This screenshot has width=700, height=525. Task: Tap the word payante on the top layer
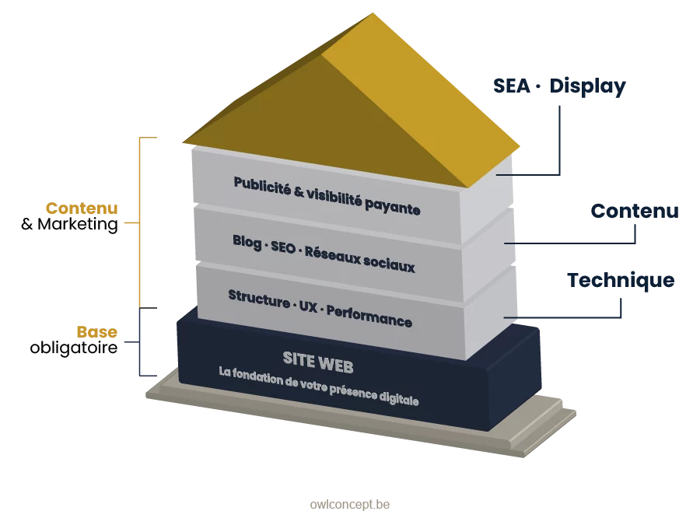[395, 208]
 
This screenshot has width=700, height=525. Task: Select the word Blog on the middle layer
[247, 242]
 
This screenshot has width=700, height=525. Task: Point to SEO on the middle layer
[285, 248]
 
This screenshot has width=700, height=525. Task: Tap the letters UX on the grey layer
[307, 306]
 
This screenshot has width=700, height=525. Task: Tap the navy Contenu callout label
[635, 211]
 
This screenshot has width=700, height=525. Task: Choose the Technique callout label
[621, 280]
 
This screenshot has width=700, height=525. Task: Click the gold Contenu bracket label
[81, 208]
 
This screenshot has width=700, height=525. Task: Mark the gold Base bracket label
[96, 332]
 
